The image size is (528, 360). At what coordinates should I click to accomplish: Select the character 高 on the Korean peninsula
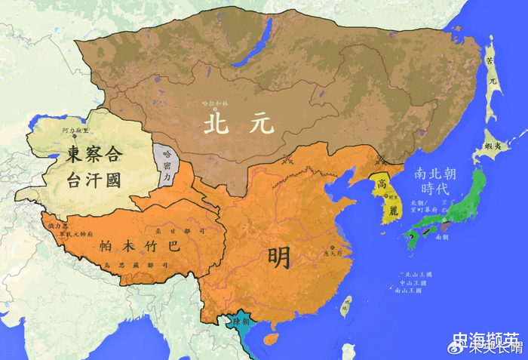383,183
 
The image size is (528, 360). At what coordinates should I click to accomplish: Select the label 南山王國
412,290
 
